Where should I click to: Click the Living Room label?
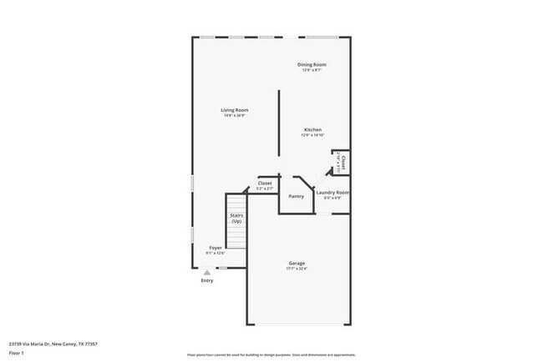[x=234, y=110]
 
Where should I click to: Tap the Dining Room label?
[x=312, y=64]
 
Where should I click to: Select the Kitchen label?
[x=312, y=129]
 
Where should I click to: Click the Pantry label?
[x=296, y=197]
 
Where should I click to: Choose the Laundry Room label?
[x=332, y=192]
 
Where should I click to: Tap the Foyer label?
[x=216, y=247]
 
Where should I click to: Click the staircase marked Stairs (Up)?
[x=236, y=219]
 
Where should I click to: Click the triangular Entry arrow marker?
[x=207, y=272]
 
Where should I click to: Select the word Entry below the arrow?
[x=207, y=280]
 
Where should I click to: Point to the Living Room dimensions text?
[x=234, y=116]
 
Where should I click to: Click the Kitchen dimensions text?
[x=312, y=135]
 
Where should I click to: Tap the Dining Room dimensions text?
[x=312, y=70]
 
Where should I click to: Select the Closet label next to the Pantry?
[x=264, y=183]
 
